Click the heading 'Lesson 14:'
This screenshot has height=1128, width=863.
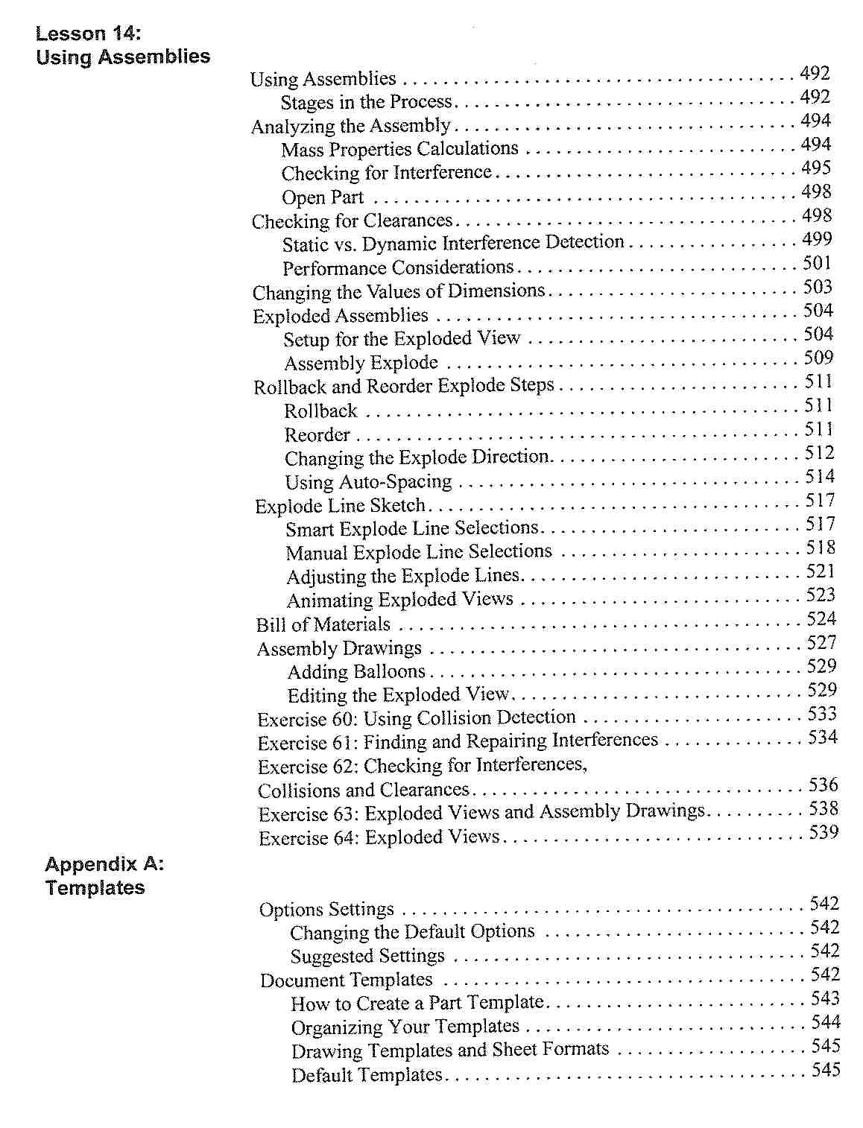88,34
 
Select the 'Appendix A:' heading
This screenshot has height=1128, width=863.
104,864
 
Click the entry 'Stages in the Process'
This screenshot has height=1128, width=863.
367,101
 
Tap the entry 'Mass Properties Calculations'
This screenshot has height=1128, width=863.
399,149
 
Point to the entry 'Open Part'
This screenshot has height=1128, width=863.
323,197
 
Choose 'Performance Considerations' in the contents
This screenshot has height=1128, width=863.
398,267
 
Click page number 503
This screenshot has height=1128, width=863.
818,287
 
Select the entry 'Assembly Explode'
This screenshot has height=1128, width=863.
361,363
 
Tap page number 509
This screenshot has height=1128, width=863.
818,358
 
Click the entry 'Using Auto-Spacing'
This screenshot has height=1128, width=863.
368,482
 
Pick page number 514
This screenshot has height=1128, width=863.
820,476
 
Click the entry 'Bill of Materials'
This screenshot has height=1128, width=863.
323,624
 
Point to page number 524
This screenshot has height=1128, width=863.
821,618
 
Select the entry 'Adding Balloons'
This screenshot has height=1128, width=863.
356,672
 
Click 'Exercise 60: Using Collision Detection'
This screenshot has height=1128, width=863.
417,719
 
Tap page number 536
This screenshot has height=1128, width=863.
824,785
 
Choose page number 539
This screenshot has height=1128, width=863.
824,832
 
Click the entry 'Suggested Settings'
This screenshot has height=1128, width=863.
367,956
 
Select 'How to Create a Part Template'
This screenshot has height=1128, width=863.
417,1003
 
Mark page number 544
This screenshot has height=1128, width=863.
826,1022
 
